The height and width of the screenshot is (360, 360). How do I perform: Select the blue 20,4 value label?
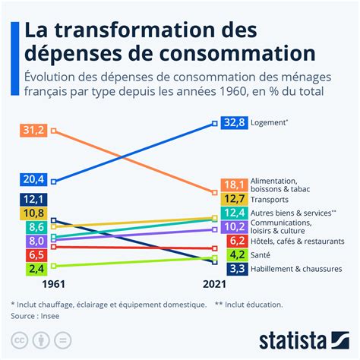point(34,179)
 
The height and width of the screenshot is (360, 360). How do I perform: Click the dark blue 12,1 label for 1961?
point(34,199)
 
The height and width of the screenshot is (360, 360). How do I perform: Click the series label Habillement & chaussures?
point(296,268)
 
